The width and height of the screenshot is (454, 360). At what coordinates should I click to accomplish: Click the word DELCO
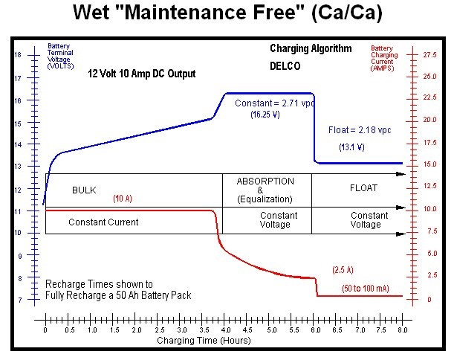tap(283, 66)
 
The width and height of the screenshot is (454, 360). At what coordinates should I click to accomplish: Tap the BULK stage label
tap(84, 190)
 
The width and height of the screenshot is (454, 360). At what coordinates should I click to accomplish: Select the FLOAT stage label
tap(363, 188)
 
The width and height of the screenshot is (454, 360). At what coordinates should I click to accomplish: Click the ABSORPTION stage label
tap(265, 181)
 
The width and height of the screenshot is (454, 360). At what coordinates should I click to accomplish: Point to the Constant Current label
tap(103, 222)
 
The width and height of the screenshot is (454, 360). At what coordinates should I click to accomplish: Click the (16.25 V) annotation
tap(265, 115)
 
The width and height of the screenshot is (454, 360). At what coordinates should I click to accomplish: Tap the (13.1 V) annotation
tap(351, 147)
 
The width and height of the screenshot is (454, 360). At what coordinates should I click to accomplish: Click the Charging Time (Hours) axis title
tap(204, 340)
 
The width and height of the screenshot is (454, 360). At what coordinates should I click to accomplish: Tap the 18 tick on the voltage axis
tap(18, 56)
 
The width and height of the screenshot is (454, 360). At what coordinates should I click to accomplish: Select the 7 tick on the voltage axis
tap(19, 300)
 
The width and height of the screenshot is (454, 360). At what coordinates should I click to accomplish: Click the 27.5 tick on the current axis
tap(429, 55)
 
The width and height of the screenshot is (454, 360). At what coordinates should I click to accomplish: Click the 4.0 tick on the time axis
tap(226, 328)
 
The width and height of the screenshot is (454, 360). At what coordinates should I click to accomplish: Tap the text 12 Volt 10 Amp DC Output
tap(142, 74)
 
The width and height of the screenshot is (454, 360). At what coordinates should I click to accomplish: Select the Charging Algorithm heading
tap(311, 49)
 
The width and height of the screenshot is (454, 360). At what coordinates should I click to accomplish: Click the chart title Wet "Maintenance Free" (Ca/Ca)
tap(226, 14)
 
